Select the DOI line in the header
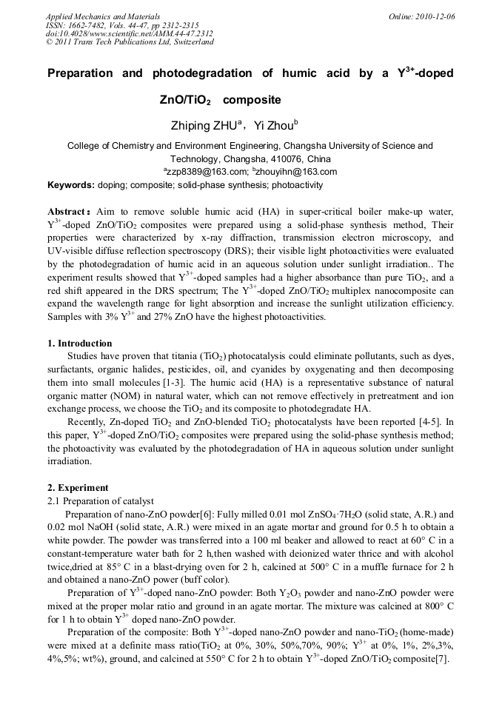[130, 33]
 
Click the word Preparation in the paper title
[80, 73]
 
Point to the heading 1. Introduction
[80, 344]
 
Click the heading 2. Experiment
[78, 488]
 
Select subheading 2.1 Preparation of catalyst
[100, 501]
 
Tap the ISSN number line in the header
[122, 24]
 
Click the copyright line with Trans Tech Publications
[130, 42]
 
